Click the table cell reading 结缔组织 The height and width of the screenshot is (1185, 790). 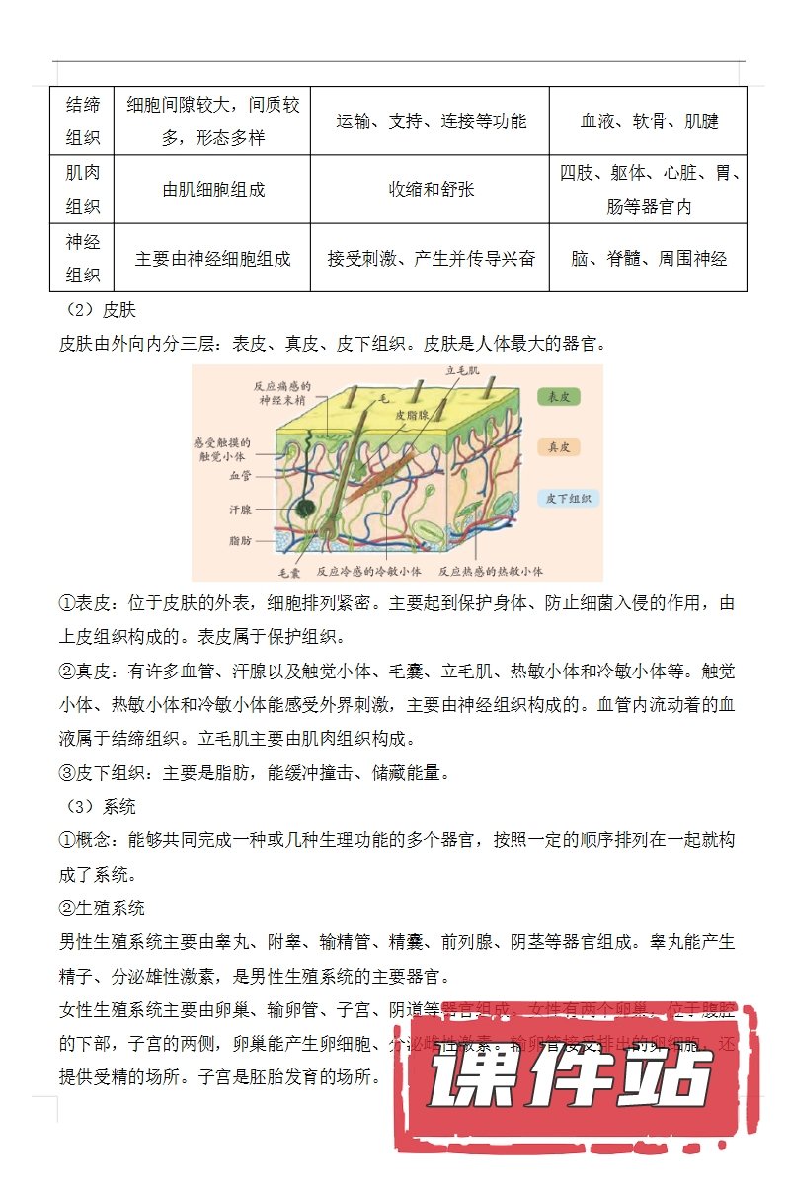pos(83,120)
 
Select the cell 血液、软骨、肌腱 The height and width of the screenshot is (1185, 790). pos(648,121)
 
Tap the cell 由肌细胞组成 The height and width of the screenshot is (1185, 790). pos(213,189)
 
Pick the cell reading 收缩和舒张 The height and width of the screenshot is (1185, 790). pos(431,189)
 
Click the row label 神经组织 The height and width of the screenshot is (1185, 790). pos(83,258)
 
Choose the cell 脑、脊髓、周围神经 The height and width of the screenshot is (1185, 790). pos(648,258)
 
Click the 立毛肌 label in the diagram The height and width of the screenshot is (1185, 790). pos(462,370)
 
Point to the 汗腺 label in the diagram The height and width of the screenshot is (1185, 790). pos(240,510)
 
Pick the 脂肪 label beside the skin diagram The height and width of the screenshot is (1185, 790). pos(240,541)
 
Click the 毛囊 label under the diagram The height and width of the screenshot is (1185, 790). pos(289,571)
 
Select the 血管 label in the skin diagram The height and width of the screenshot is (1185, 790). pos(241,475)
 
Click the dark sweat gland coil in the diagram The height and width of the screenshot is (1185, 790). pos(306,511)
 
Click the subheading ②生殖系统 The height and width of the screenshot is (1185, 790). pos(102,907)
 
